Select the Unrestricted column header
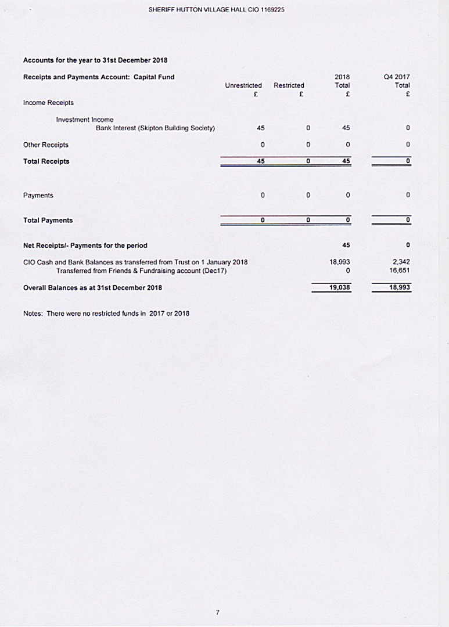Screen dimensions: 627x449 pos(243,85)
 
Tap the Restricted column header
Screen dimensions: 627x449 pos(289,85)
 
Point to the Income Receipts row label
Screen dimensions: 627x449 pos(48,103)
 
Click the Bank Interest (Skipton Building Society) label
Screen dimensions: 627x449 pos(155,128)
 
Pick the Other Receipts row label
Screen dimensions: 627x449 pos(45,145)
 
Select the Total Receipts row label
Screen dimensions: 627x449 pos(46,161)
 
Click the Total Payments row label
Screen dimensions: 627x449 pos(48,221)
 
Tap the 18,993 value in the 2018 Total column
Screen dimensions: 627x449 pos(340,262)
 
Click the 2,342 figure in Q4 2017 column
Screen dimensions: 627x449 pos(401,262)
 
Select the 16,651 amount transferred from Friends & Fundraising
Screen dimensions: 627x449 pos(401,271)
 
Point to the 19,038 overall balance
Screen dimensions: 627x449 pos(339,287)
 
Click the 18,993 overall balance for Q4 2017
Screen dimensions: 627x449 pos(400,287)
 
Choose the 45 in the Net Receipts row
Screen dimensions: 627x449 pos(346,245)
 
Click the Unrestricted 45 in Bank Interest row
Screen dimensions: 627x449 pos(261,128)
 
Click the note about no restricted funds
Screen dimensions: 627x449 pos(106,313)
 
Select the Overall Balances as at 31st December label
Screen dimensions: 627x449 pos(92,287)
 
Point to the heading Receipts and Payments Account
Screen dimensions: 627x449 pos(98,77)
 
